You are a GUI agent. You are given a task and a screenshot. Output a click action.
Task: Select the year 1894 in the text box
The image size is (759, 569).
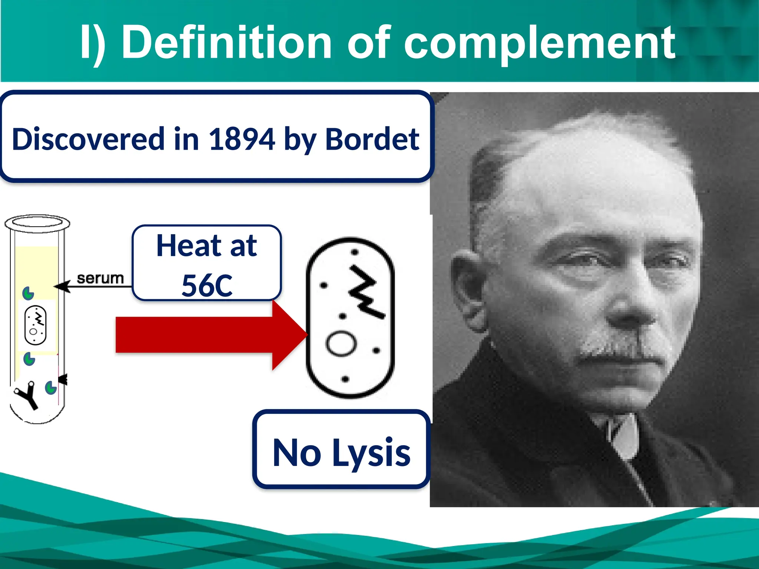coord(242,139)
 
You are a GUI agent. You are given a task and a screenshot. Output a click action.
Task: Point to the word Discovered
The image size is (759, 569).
coord(88,139)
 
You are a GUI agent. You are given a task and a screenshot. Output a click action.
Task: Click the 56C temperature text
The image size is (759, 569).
coord(207,285)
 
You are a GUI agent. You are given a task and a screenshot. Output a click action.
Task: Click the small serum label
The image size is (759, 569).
coord(100,278)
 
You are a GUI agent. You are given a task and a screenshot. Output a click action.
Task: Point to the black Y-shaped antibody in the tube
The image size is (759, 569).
coord(27,395)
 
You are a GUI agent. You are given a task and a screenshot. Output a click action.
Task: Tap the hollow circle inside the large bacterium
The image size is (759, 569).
coord(341,343)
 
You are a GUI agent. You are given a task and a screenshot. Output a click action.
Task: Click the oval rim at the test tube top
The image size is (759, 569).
coord(37,223)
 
